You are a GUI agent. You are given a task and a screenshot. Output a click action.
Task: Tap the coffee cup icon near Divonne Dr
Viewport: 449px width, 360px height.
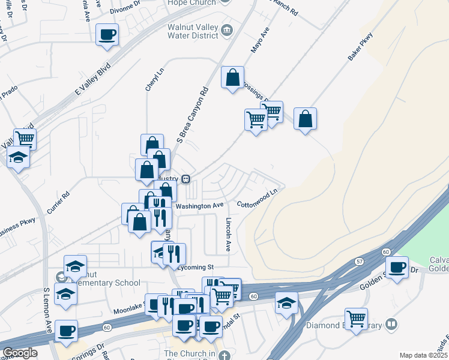tap(107, 35)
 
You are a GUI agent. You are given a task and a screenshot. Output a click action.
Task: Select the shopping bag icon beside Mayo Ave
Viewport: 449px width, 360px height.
tap(232, 78)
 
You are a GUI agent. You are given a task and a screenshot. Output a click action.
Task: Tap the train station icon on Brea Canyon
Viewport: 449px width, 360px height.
tap(187, 179)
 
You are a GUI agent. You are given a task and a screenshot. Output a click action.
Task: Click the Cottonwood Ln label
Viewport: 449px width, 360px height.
tap(258, 199)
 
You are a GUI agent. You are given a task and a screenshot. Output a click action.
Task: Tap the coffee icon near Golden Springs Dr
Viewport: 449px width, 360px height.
tap(396, 267)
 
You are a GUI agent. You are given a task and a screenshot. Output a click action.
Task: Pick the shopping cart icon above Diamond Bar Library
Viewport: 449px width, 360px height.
tap(357, 319)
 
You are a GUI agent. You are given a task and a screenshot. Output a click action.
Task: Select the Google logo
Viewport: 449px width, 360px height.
tap(19, 353)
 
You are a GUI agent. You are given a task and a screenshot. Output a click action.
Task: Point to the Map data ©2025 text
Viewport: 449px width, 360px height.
tap(423, 355)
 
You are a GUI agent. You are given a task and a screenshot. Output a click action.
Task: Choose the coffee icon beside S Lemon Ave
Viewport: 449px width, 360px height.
tap(66, 331)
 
